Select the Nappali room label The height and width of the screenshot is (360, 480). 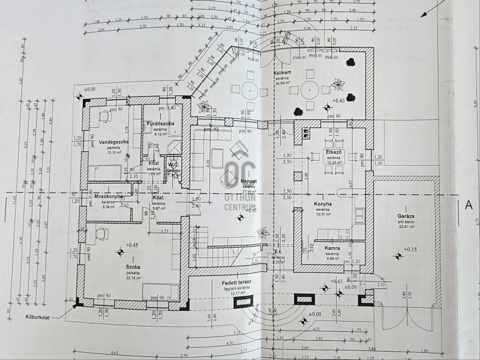(248, 180)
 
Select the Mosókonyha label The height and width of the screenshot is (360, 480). (109, 196)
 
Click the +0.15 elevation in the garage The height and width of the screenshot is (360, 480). (410, 249)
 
